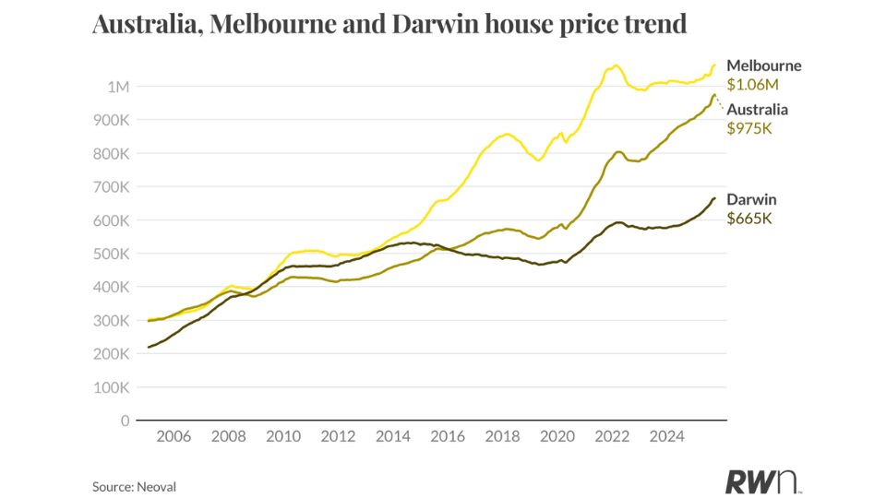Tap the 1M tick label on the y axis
tap(119, 87)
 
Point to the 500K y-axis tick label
tap(112, 254)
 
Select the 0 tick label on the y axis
tap(125, 421)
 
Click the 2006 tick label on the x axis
tap(174, 435)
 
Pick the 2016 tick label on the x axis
tap(449, 435)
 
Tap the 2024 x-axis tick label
tap(667, 435)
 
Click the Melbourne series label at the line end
tap(764, 65)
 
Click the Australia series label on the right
tap(758, 110)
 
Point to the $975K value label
tap(749, 128)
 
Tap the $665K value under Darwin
tap(748, 219)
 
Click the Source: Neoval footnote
tap(135, 485)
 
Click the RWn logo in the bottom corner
tap(762, 480)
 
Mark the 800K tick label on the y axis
tap(112, 153)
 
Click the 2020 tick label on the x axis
tap(557, 435)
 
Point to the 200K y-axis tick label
tap(112, 354)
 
